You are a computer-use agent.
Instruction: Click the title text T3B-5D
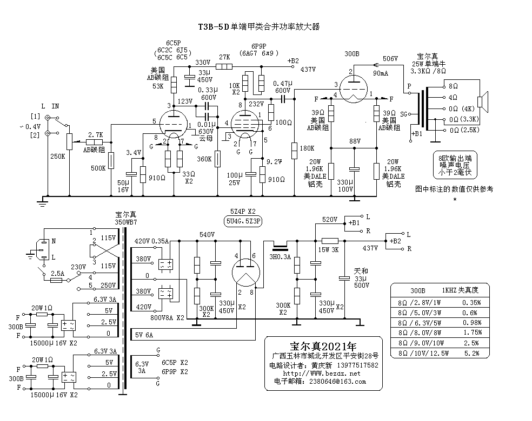[214, 26]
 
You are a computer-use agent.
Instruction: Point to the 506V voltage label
[390, 58]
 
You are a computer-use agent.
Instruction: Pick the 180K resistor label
[307, 148]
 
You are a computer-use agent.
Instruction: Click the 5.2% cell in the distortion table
[472, 353]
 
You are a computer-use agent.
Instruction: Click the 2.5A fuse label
[57, 273]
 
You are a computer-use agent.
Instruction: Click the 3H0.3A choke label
[281, 257]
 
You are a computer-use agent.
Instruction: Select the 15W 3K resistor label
[328, 250]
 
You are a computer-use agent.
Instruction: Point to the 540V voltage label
[207, 235]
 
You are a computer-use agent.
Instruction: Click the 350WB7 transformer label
[126, 222]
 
